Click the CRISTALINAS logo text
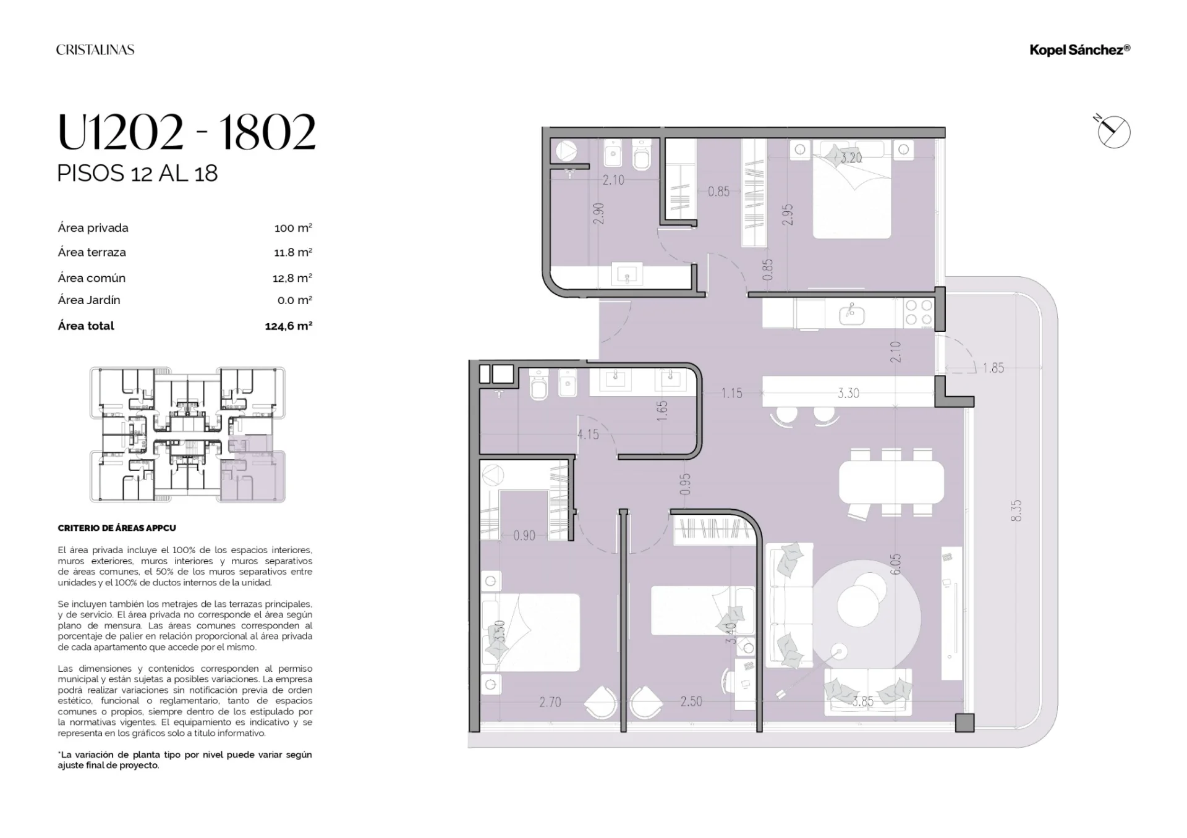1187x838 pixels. click(x=95, y=50)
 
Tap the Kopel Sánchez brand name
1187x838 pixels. click(x=1079, y=50)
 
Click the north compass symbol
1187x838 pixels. click(x=1113, y=132)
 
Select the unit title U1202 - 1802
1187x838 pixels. click(x=187, y=132)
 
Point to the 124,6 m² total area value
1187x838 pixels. click(x=289, y=326)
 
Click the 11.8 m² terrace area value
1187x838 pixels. click(x=293, y=252)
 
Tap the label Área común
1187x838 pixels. click(x=91, y=277)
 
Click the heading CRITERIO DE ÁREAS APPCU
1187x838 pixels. click(x=117, y=528)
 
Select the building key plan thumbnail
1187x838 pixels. click(x=188, y=434)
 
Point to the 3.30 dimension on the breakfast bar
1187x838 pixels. click(x=848, y=393)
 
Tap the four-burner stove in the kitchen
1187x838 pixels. click(x=919, y=313)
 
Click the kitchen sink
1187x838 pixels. click(x=852, y=315)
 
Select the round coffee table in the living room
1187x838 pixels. click(x=866, y=617)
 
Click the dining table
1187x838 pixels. click(x=891, y=482)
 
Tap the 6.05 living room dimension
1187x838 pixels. click(x=896, y=564)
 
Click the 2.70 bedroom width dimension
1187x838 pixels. click(x=550, y=702)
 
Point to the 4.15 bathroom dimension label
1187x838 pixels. click(x=588, y=434)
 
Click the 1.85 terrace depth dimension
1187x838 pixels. click(x=993, y=368)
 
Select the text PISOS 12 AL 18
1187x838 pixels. click(x=137, y=174)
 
